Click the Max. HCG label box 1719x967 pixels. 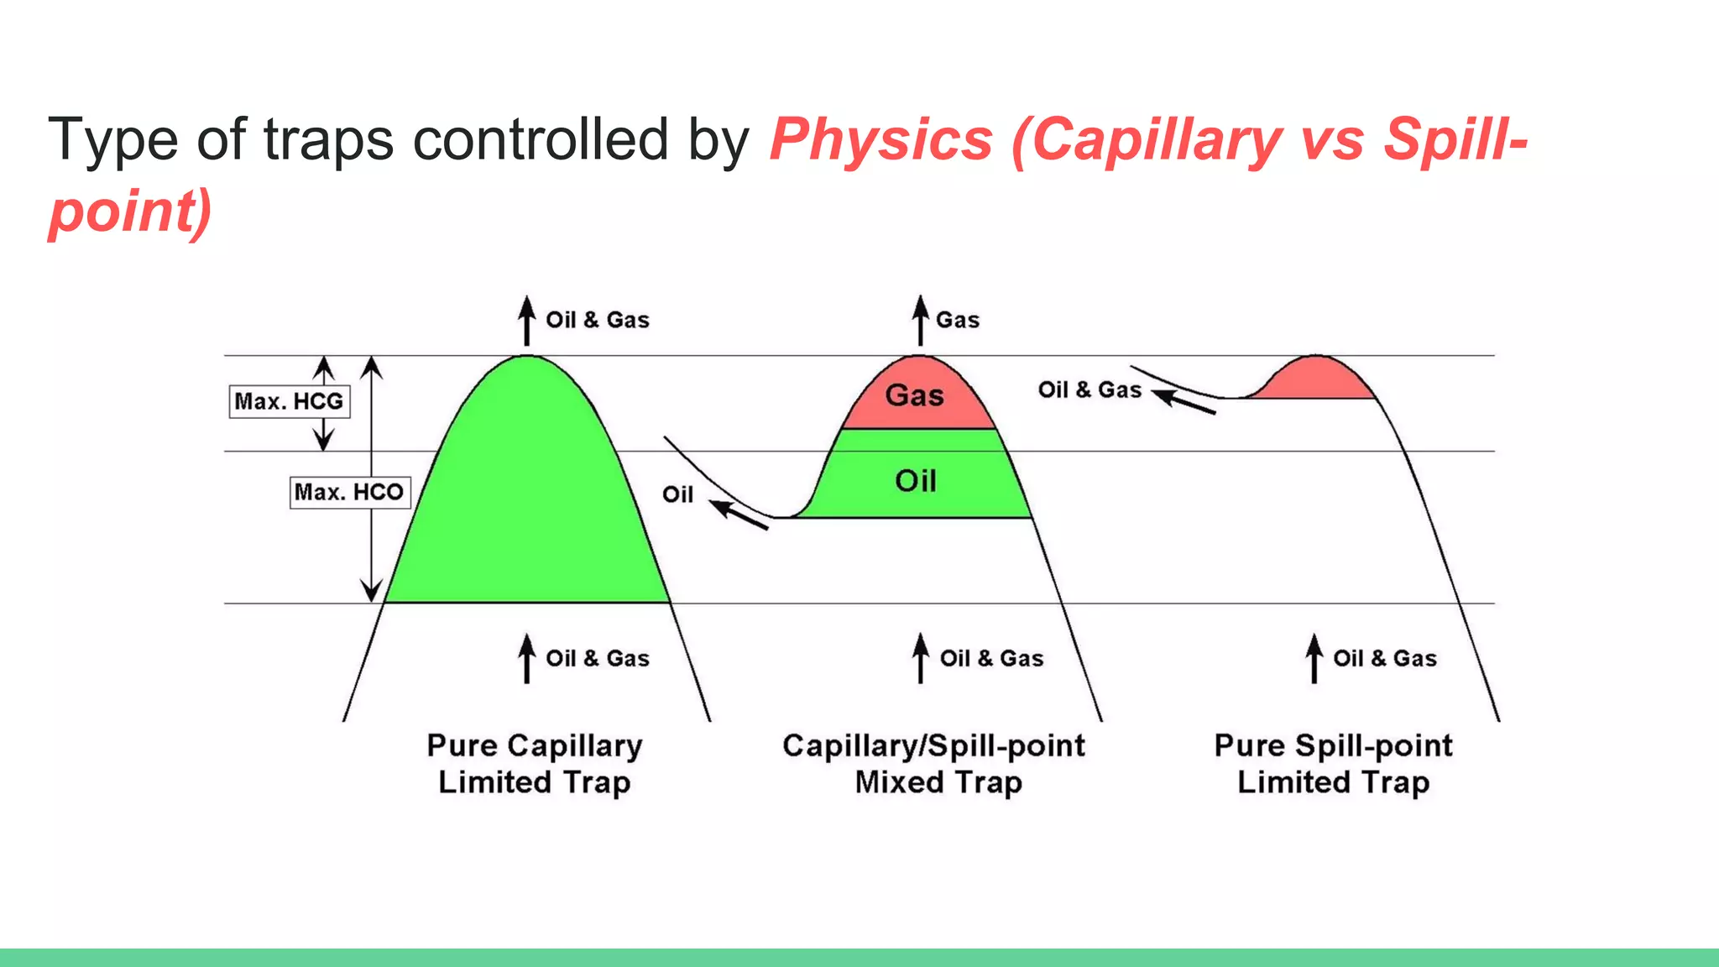pos(289,401)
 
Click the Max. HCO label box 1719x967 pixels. pos(349,492)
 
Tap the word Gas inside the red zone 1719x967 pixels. pos(915,395)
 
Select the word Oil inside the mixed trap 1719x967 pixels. pos(915,481)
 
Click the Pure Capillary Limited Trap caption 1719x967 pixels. pos(535,764)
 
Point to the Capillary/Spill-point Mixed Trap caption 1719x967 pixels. pos(934,764)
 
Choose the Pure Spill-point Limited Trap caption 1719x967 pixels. pos(1333,764)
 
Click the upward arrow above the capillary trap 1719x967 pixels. pos(526,321)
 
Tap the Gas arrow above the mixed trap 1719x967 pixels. pos(921,321)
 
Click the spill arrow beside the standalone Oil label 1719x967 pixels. pos(739,515)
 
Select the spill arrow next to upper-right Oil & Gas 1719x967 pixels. pos(1183,401)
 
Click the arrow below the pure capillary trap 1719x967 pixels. pos(526,658)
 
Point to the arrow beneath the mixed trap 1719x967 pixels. pos(921,658)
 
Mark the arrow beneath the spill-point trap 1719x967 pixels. pos(1314,658)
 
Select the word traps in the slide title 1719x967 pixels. pos(328,139)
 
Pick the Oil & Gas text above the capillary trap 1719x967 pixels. pos(598,320)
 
